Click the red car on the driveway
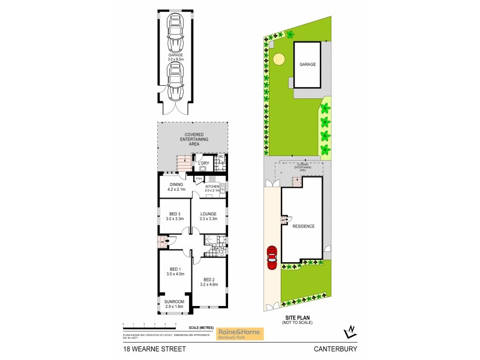click(272, 259)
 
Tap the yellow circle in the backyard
click(279, 59)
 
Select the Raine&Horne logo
click(239, 333)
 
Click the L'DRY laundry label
click(203, 163)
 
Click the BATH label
click(218, 248)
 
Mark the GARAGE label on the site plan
click(307, 64)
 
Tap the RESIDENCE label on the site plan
click(303, 226)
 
